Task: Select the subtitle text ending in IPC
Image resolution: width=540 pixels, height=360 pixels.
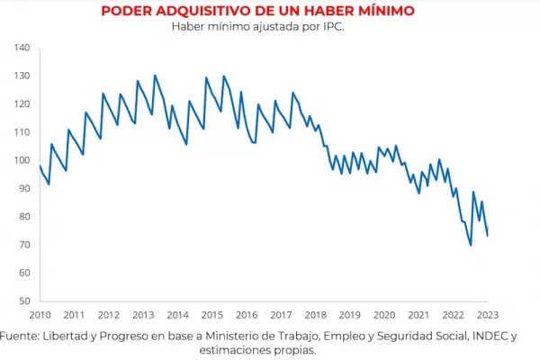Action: click(x=258, y=26)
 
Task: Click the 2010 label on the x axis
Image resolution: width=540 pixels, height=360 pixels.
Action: click(x=40, y=315)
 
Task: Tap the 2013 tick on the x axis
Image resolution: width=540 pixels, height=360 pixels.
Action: click(x=143, y=315)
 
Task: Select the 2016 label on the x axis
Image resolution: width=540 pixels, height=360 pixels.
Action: click(x=247, y=315)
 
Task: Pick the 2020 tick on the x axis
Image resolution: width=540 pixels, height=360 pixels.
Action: click(x=384, y=315)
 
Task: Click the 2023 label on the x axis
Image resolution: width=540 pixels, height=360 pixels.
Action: click(x=488, y=315)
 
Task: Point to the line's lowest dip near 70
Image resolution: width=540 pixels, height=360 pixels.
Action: click(x=470, y=245)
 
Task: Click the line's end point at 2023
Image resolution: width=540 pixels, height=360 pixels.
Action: click(x=488, y=236)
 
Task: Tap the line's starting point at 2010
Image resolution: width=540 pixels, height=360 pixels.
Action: click(x=40, y=166)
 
